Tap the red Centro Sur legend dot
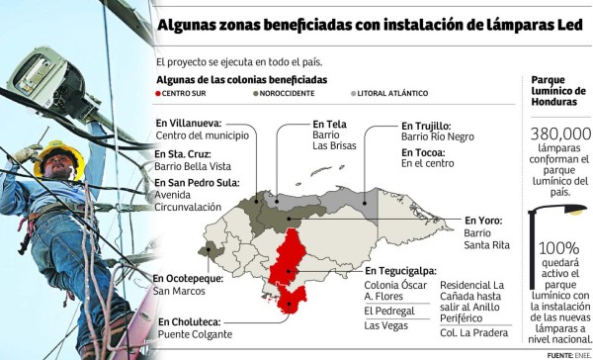[x=159, y=93]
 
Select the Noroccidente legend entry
[x=286, y=93]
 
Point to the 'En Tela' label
[x=300, y=124]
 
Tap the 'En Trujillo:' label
[x=426, y=126]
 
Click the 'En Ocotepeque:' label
[x=194, y=278]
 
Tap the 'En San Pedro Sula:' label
[x=202, y=182]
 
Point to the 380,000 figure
[x=560, y=134]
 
